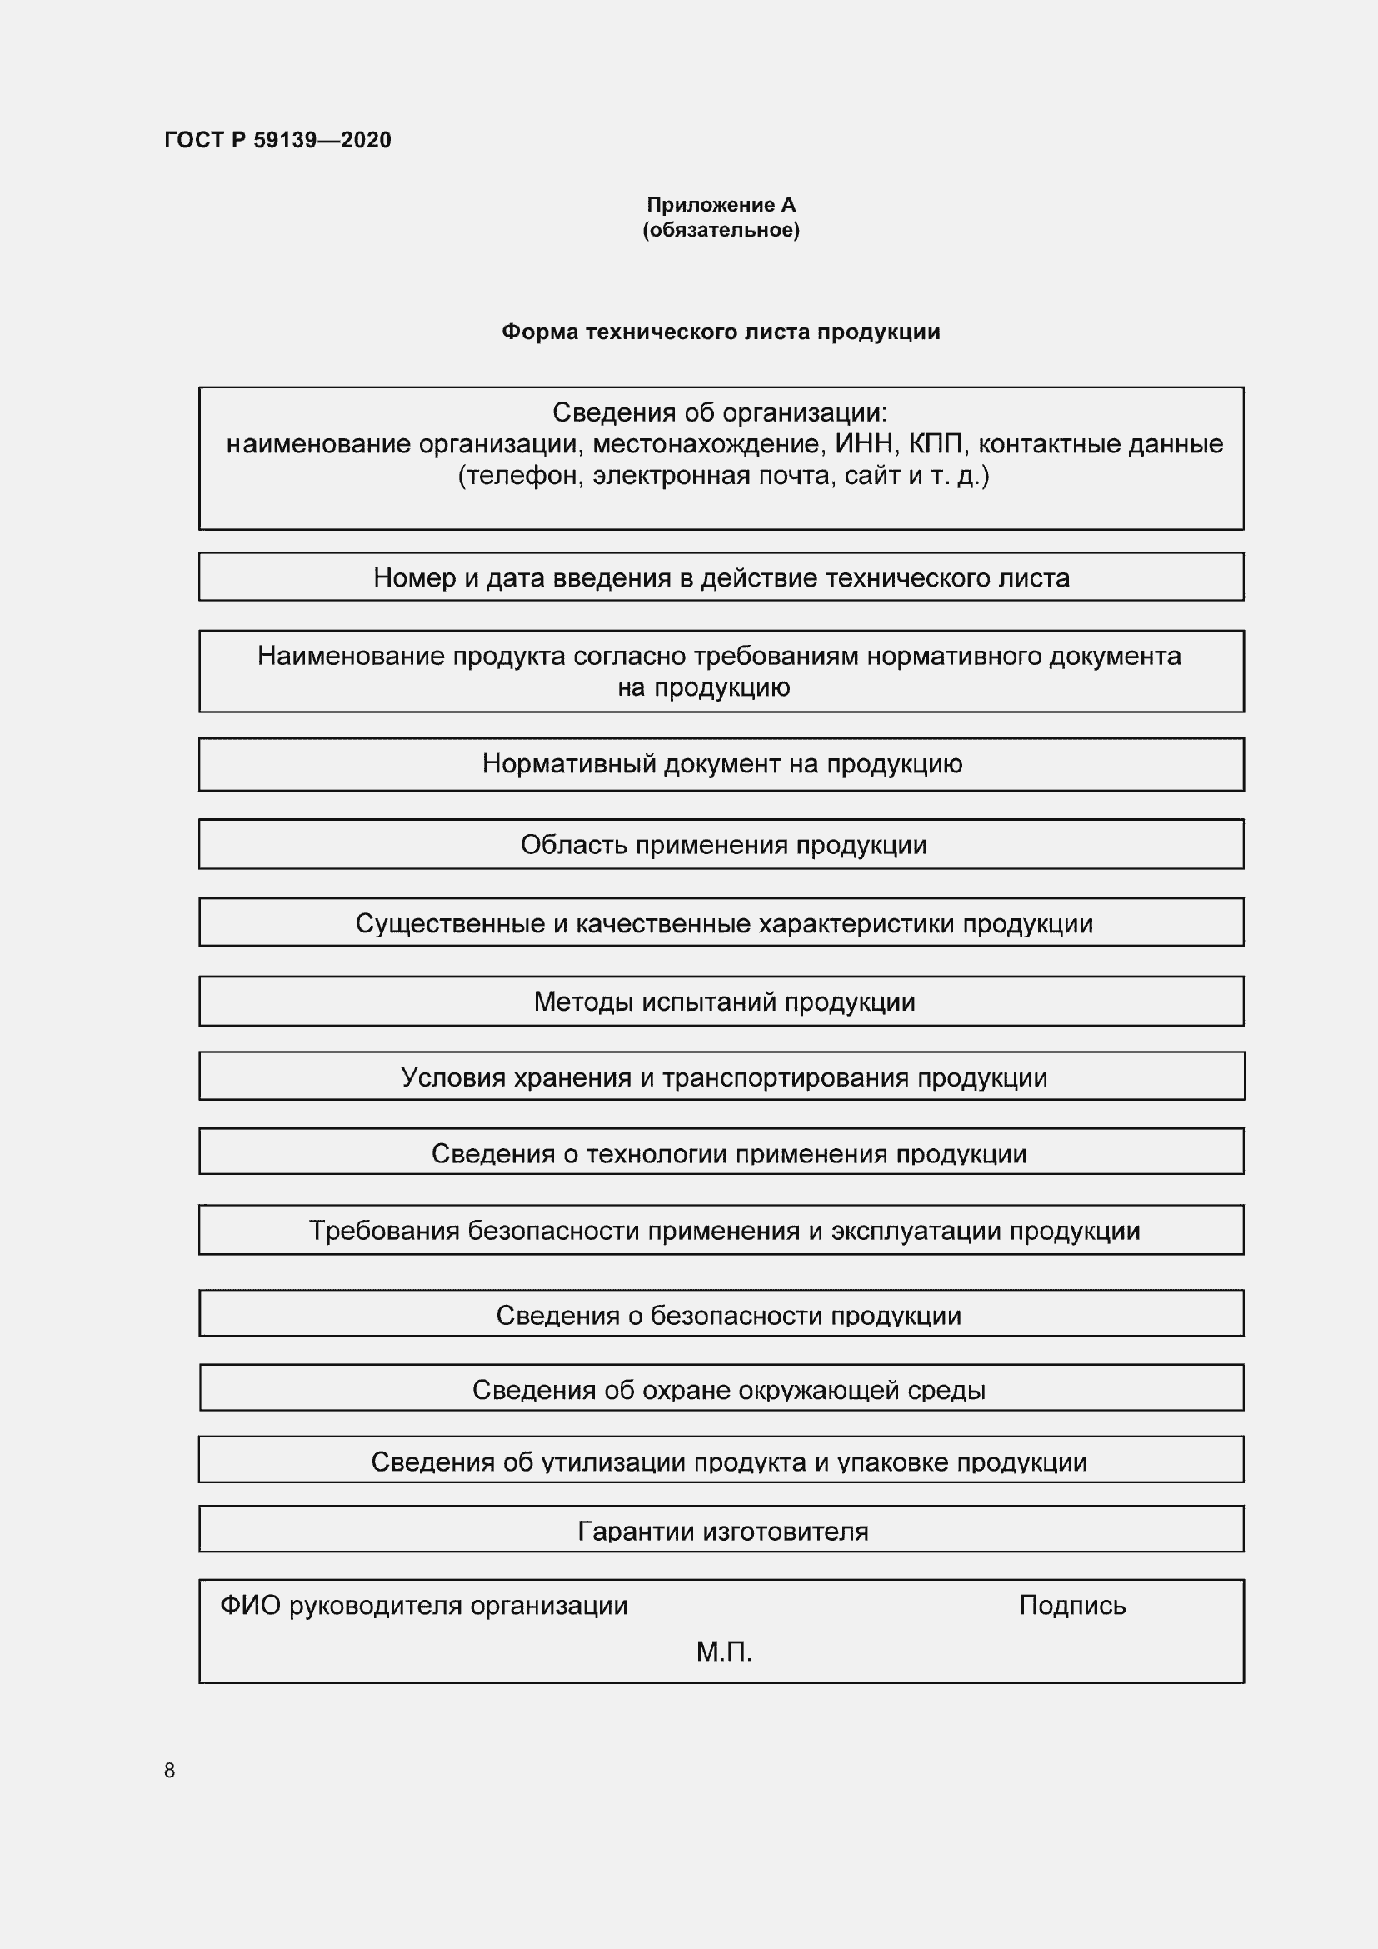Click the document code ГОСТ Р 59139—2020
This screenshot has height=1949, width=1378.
(x=277, y=140)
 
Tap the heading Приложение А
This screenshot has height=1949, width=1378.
(x=721, y=205)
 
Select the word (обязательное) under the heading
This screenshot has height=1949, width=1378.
(x=721, y=230)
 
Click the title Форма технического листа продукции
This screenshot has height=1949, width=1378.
(x=721, y=332)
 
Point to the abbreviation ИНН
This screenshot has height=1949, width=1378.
(x=863, y=444)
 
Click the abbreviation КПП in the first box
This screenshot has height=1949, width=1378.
(x=936, y=444)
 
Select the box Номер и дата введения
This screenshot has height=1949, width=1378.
(x=721, y=578)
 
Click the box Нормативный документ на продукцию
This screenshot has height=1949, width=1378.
(x=721, y=764)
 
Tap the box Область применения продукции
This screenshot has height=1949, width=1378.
(x=721, y=845)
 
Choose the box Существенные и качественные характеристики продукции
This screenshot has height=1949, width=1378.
(x=721, y=923)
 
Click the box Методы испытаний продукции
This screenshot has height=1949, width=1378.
(x=721, y=1002)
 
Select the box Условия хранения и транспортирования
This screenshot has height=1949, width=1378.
(x=721, y=1077)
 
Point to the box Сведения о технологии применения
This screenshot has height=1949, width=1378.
(x=721, y=1153)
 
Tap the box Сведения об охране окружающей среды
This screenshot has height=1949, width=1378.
(x=721, y=1390)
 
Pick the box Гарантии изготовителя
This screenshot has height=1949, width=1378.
(x=721, y=1532)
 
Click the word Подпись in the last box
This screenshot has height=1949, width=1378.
(x=1071, y=1605)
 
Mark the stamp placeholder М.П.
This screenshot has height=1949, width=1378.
(x=724, y=1651)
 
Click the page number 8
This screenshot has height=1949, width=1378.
(x=170, y=1770)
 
